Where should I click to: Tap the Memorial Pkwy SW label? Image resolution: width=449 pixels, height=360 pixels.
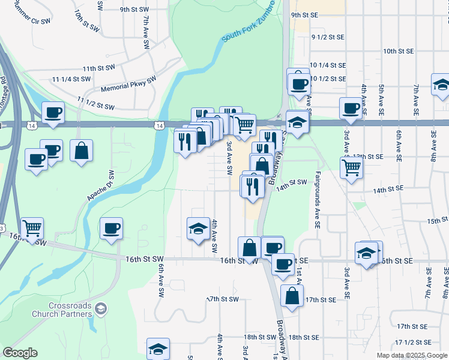128,83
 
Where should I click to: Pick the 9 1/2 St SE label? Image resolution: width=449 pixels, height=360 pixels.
327,37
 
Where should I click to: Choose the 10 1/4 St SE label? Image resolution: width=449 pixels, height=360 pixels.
327,65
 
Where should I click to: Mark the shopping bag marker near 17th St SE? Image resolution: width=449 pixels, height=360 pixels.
292,296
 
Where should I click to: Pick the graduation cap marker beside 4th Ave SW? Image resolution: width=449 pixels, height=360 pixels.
198,229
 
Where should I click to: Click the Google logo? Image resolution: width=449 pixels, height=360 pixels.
20,353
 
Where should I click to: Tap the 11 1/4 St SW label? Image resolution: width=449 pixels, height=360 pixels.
71,79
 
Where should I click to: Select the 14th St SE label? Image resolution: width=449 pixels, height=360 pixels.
387,190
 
